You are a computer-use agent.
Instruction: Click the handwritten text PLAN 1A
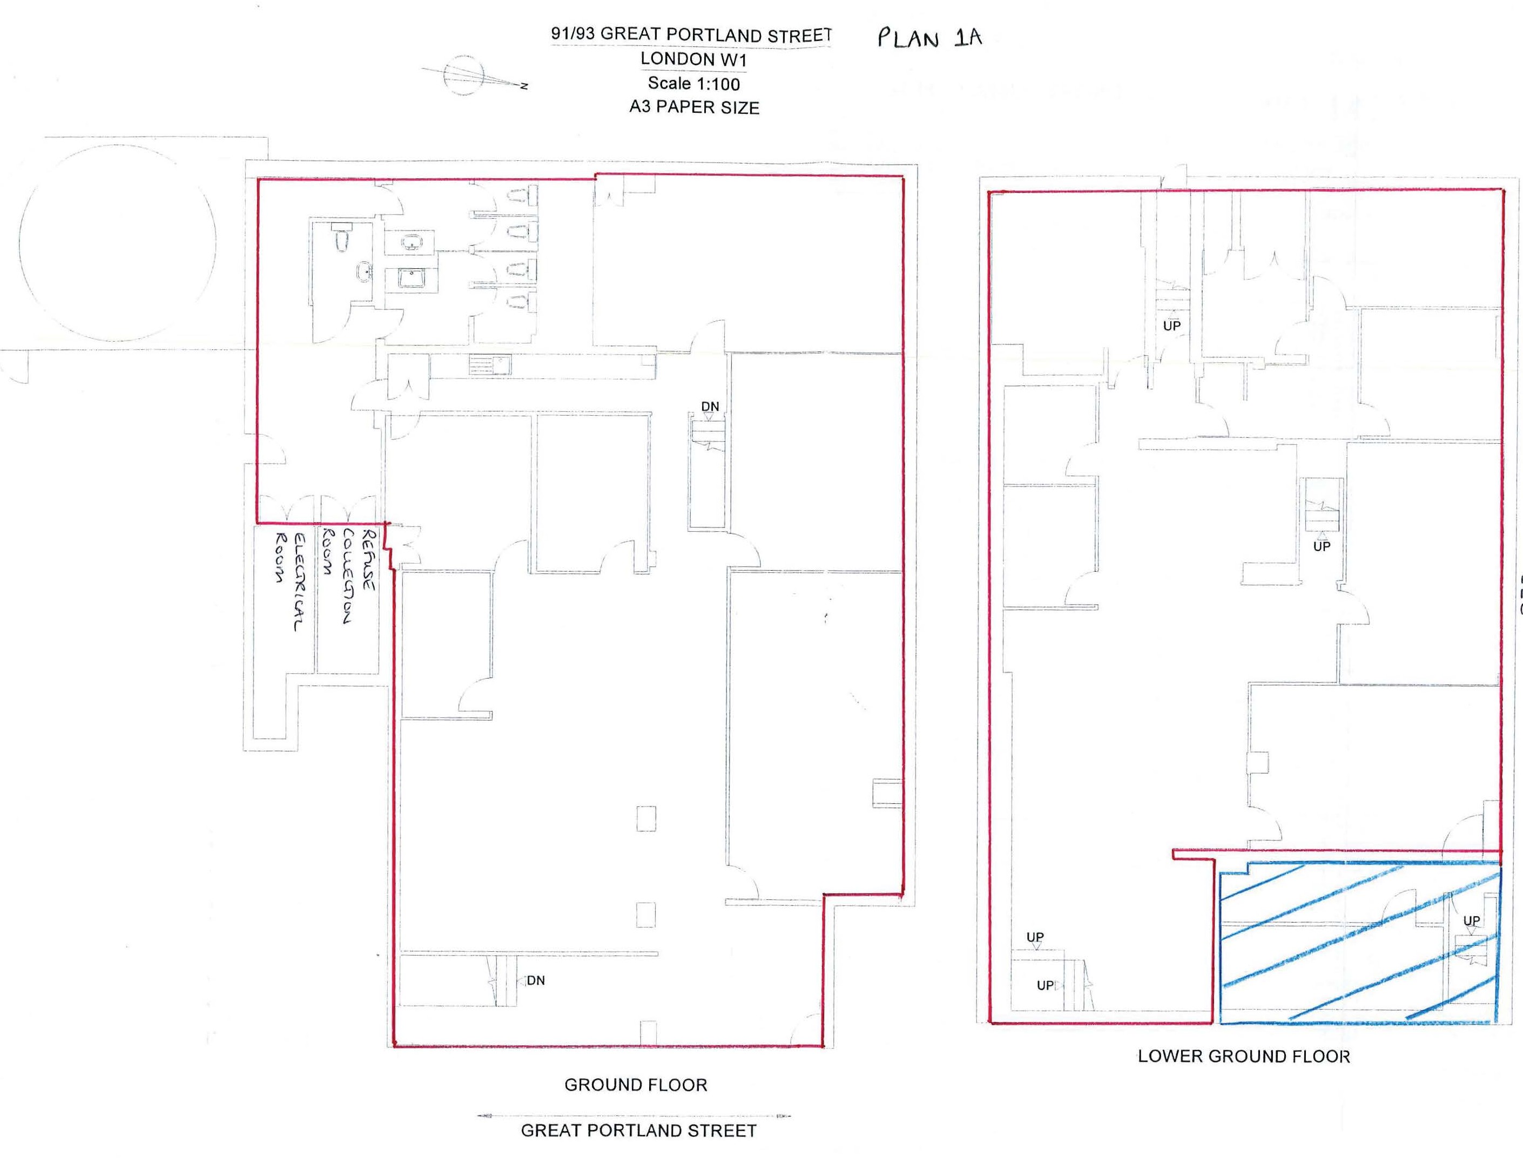(929, 37)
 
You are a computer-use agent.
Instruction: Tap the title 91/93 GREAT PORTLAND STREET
(691, 35)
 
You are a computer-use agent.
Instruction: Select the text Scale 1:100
(693, 83)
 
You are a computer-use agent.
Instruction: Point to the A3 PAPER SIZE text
(695, 107)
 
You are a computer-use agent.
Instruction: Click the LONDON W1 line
(693, 59)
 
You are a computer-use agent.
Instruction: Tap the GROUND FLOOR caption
(636, 1085)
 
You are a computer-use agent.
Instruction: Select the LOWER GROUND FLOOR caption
(1244, 1056)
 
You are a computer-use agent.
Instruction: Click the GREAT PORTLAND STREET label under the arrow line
(638, 1130)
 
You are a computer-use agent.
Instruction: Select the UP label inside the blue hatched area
(1471, 920)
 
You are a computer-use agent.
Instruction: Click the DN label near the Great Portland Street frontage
(536, 980)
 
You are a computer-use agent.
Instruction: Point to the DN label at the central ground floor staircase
(710, 407)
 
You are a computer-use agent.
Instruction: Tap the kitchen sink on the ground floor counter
(491, 364)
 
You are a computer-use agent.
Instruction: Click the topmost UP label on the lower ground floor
(1172, 326)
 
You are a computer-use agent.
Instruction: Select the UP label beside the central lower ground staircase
(1322, 546)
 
